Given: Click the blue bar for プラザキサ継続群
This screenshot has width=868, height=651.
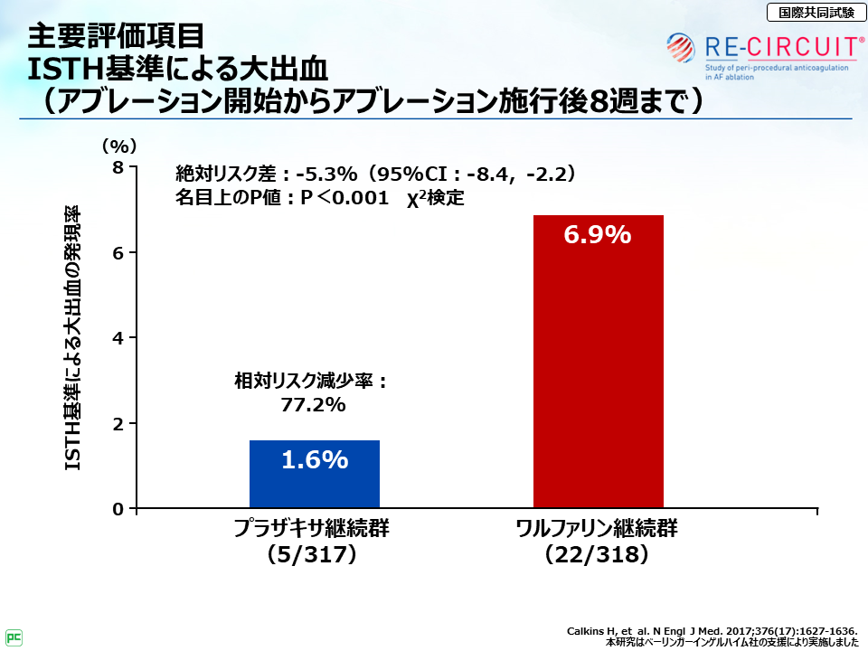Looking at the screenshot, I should click(314, 475).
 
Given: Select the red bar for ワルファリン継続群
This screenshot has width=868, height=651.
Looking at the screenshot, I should click(598, 362).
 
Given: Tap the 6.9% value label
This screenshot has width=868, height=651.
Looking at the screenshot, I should click(598, 235).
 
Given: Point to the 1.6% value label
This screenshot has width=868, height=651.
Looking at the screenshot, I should click(315, 460).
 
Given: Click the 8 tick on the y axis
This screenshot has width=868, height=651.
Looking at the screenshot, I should click(118, 167).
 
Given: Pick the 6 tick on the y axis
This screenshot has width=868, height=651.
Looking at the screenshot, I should click(118, 252).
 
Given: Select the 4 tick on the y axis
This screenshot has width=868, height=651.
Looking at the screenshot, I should click(118, 338).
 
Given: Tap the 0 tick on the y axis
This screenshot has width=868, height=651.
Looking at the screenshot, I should click(118, 509).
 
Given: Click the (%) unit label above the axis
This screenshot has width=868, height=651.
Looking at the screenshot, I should click(118, 145).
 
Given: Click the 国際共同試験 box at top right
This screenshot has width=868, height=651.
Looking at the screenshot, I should click(810, 13).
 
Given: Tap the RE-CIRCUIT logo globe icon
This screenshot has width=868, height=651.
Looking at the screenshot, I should click(683, 45).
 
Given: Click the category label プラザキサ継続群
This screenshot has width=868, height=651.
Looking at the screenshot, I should click(313, 529).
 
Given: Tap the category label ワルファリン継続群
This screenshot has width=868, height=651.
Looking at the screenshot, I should click(597, 529).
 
